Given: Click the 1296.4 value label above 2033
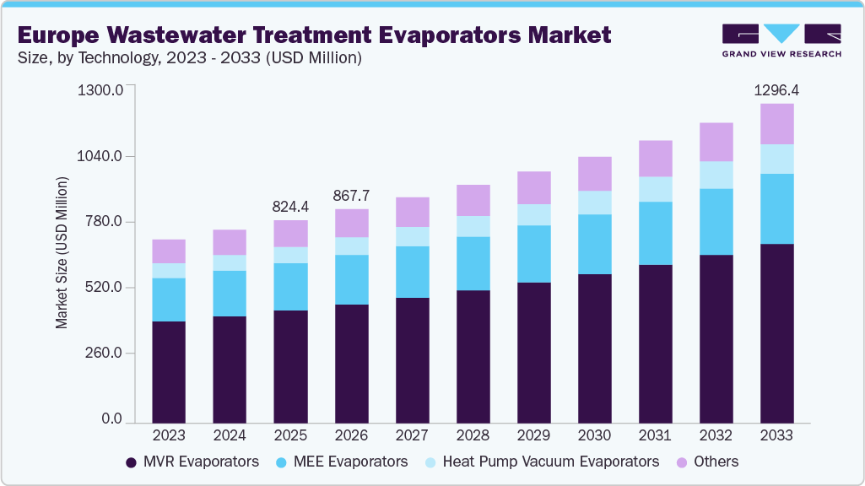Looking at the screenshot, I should click(776, 89).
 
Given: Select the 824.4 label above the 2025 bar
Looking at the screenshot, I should click(290, 206).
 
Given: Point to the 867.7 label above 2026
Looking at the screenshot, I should click(351, 195).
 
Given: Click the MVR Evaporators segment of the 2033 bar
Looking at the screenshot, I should click(776, 332).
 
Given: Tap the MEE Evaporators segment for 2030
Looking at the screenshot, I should click(594, 244).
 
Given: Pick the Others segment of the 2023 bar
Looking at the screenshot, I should click(169, 251).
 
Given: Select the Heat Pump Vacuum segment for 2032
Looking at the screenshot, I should click(716, 175).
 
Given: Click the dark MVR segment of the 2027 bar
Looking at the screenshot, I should click(412, 359).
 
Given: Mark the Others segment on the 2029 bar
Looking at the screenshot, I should click(533, 187).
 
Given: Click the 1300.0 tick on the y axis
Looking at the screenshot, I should click(100, 89).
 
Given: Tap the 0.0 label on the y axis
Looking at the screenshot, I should click(112, 419).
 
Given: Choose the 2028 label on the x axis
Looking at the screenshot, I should click(473, 435).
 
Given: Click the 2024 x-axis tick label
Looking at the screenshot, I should click(230, 435).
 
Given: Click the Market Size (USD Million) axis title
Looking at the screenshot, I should click(62, 253).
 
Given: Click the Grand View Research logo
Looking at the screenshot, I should click(781, 40).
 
